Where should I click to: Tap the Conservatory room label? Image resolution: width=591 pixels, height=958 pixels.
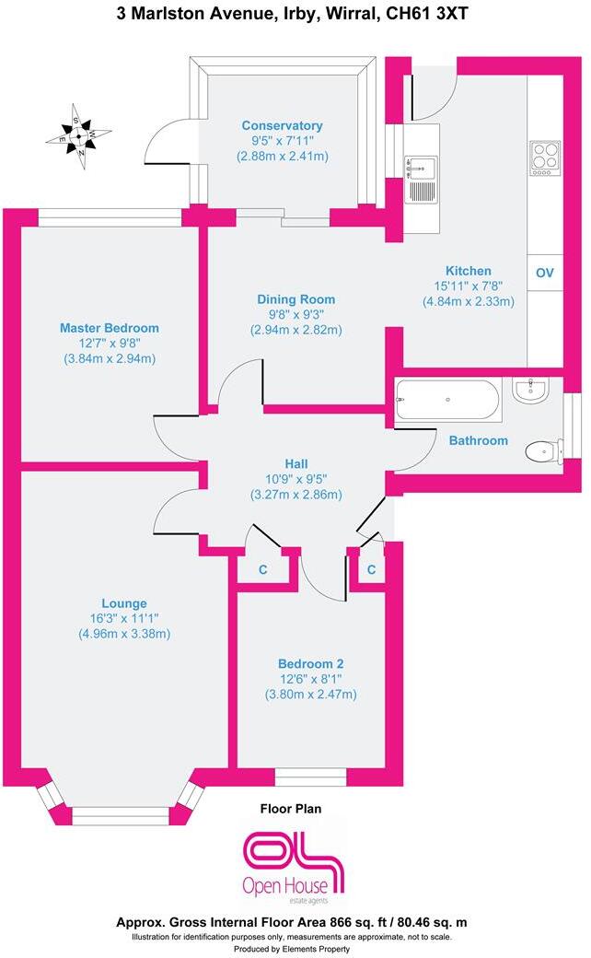(282, 125)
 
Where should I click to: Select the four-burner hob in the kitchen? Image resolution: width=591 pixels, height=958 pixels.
(544, 158)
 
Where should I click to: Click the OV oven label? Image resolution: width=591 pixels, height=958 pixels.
(544, 273)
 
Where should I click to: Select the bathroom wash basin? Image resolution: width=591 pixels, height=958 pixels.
(531, 391)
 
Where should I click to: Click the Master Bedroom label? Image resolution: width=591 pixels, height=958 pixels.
(110, 328)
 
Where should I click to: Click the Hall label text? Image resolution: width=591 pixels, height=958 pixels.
(295, 463)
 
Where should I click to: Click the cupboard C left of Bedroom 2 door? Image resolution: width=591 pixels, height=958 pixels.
(263, 570)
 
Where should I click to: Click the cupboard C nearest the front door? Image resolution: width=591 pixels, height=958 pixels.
(371, 570)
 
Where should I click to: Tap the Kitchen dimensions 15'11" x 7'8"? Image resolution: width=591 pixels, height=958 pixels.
(468, 286)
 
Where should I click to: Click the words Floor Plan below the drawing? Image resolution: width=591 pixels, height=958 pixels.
(290, 809)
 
